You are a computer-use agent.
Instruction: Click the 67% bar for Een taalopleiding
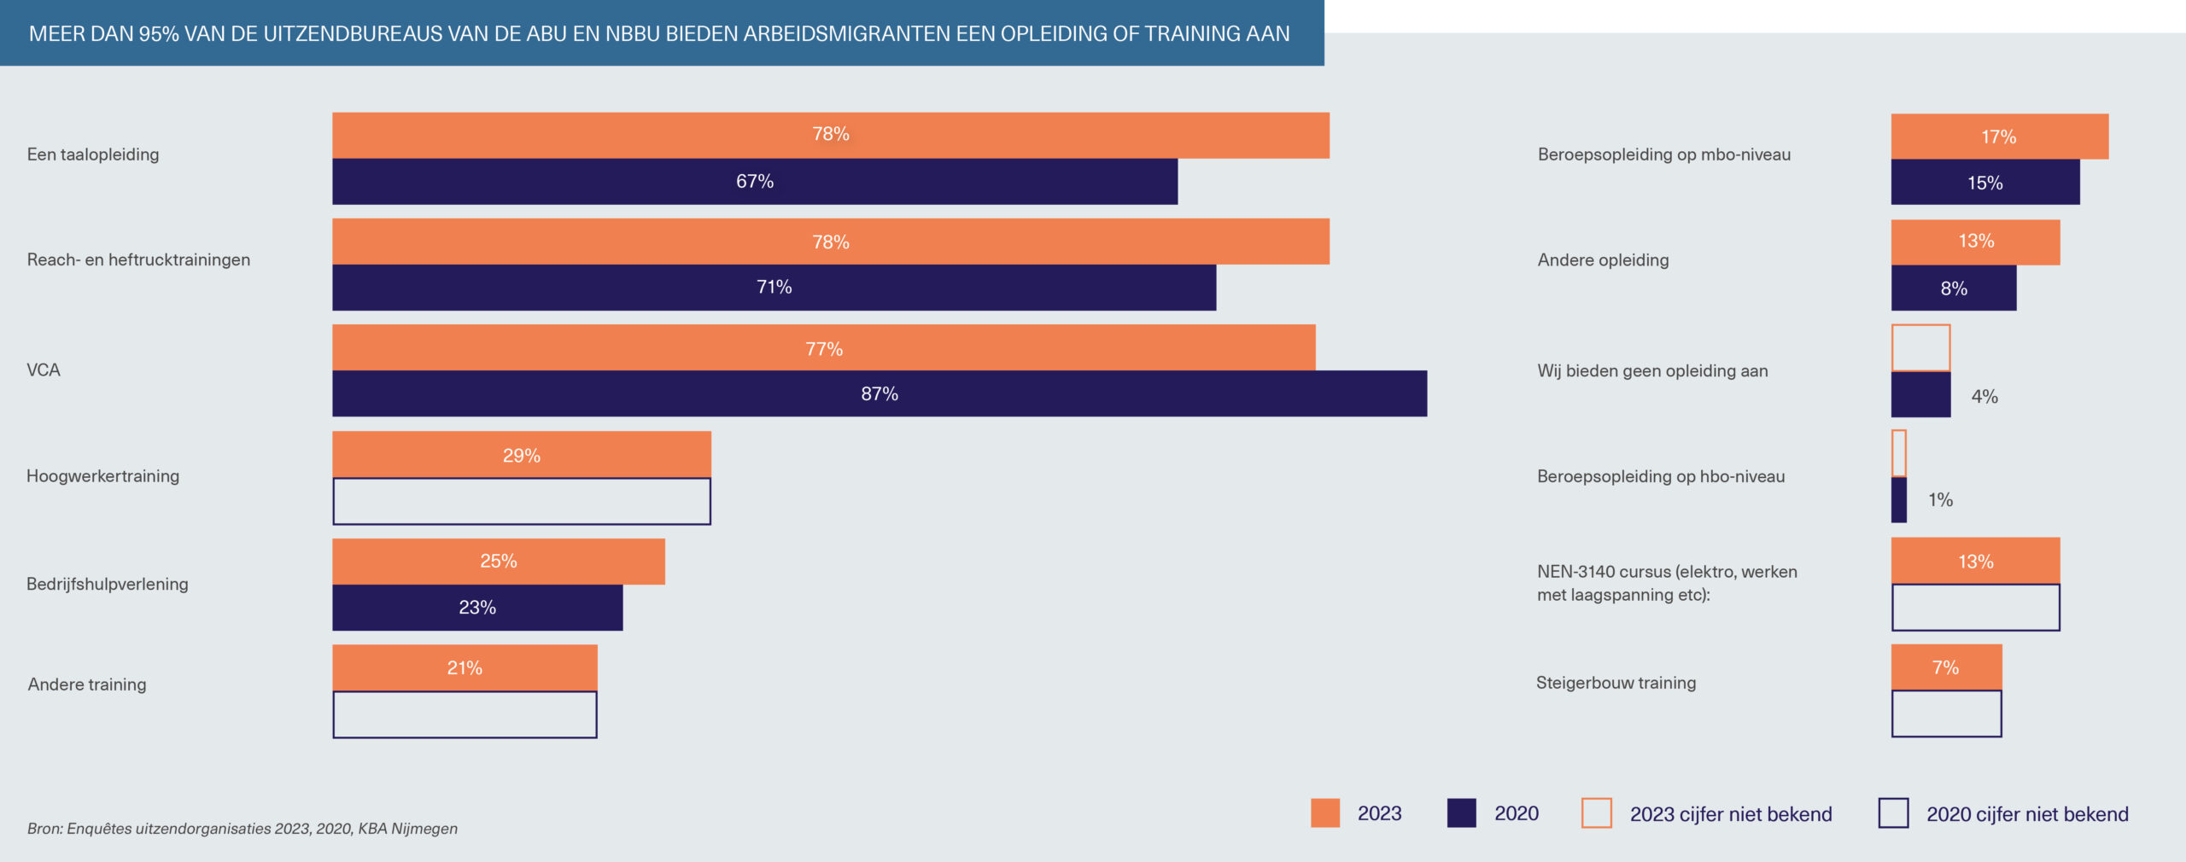(754, 181)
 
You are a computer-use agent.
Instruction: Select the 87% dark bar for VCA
(879, 393)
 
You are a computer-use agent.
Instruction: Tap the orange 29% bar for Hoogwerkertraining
(521, 455)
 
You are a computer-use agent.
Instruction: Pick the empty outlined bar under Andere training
(465, 714)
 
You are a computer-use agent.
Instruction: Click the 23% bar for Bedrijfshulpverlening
(477, 607)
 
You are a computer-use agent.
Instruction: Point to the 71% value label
(774, 287)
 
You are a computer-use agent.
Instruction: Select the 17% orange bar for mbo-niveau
(1998, 137)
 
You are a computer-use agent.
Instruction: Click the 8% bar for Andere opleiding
(1953, 288)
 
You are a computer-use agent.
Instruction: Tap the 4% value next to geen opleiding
(1984, 396)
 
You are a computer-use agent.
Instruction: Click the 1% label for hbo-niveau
(1940, 499)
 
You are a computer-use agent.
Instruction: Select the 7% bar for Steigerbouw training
(1945, 667)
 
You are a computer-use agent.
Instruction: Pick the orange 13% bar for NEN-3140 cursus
(1974, 562)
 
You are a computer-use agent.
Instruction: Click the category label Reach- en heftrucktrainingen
(138, 259)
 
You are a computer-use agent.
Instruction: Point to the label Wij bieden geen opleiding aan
(1652, 370)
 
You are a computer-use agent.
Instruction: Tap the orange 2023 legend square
(1324, 812)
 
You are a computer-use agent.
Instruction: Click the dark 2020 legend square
(1461, 812)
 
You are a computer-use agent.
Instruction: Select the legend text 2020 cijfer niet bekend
(2026, 814)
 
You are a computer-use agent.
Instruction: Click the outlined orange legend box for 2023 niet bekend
(1596, 812)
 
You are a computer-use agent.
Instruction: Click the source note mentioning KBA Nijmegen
(242, 828)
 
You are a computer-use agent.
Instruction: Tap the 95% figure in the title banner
(159, 33)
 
